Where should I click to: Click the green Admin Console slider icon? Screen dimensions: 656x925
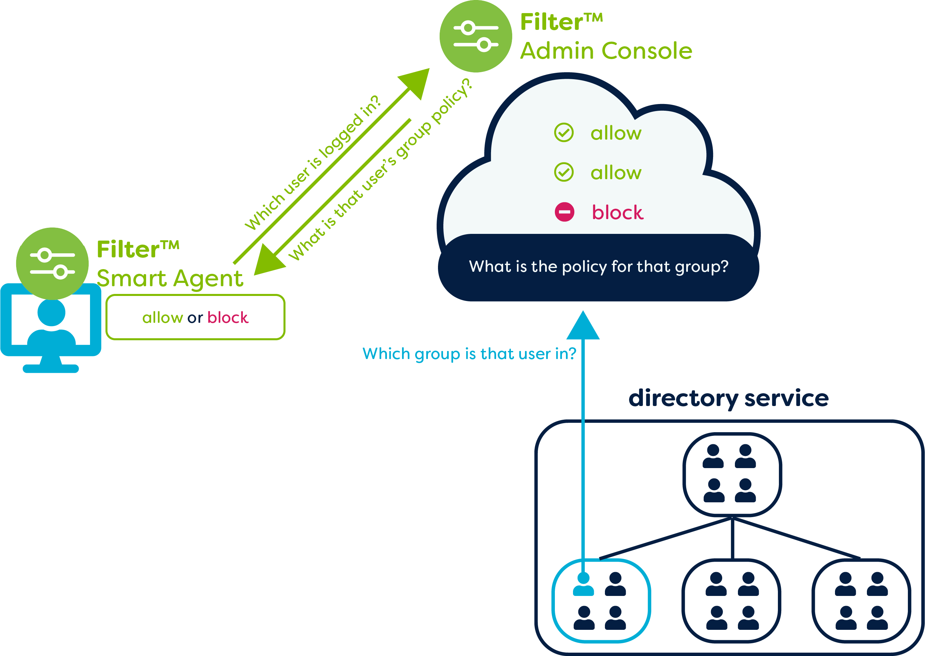pyautogui.click(x=476, y=36)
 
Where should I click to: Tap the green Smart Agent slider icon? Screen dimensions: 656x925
pyautogui.click(x=52, y=263)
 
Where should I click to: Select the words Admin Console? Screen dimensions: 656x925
pyautogui.click(x=606, y=51)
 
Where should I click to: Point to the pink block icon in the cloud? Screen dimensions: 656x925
pyautogui.click(x=564, y=212)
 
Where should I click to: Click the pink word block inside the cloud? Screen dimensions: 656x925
pyautogui.click(x=617, y=212)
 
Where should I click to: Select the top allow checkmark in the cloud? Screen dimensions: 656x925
pyautogui.click(x=564, y=133)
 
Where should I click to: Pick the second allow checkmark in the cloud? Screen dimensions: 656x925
pyautogui.click(x=564, y=172)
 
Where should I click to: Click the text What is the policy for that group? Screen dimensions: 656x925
pyautogui.click(x=598, y=267)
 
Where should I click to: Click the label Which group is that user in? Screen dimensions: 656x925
pyautogui.click(x=469, y=354)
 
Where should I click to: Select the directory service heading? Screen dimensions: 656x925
pyautogui.click(x=729, y=398)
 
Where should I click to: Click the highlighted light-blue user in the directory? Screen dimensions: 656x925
pyautogui.click(x=583, y=585)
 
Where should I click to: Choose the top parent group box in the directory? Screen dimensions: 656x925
pyautogui.click(x=732, y=474)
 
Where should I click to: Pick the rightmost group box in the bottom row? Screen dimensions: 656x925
pyautogui.click(x=861, y=601)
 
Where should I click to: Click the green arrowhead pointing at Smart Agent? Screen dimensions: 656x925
pyautogui.click(x=268, y=260)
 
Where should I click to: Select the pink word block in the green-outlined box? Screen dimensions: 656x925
pyautogui.click(x=228, y=317)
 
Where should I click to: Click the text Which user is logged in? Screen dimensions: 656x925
pyautogui.click(x=312, y=162)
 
